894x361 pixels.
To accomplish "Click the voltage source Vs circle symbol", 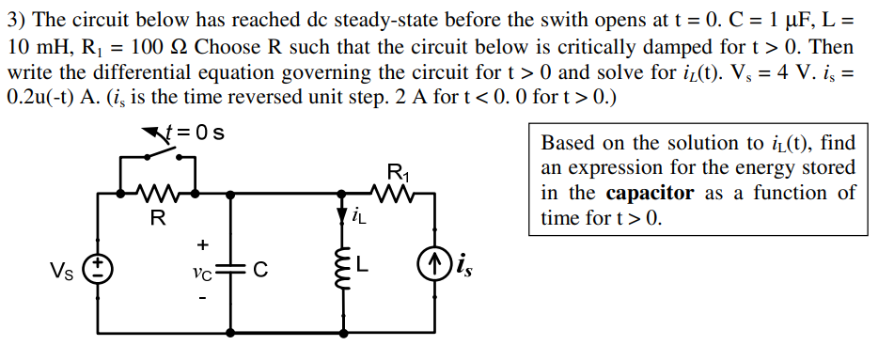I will coord(97,268).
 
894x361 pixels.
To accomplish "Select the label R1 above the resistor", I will coord(399,172).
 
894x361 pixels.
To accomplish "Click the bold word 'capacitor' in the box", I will coord(650,194).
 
